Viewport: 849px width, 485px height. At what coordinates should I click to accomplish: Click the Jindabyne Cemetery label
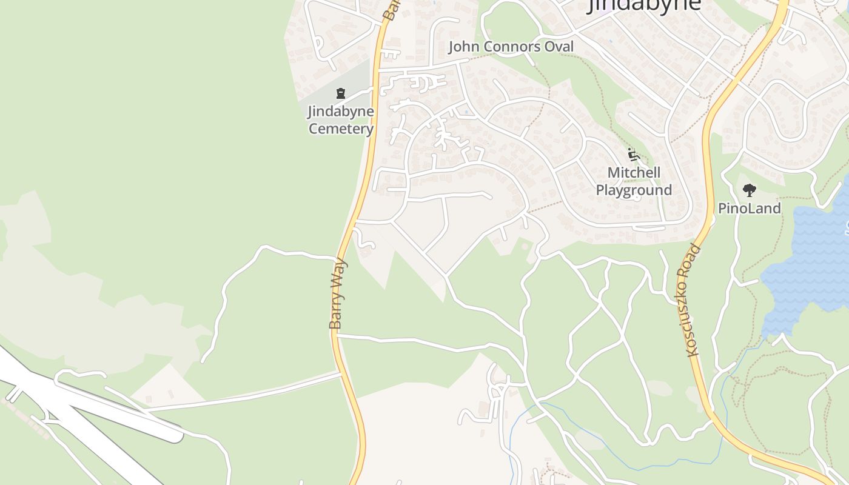point(340,120)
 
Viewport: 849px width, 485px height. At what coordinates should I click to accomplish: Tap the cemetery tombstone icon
point(341,94)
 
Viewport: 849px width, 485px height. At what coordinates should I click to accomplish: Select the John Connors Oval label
point(511,47)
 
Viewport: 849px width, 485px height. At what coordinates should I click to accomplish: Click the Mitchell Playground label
point(634,181)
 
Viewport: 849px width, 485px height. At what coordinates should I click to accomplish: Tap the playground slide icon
point(634,155)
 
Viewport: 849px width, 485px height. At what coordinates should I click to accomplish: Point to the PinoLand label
point(750,209)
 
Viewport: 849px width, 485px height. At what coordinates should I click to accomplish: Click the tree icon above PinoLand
point(750,190)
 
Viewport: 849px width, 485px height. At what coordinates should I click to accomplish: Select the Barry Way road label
point(338,294)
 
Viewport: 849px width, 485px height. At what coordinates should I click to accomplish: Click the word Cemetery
point(340,129)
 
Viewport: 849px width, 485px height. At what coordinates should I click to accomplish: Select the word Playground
point(634,190)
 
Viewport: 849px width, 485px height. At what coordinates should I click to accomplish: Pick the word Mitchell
point(634,173)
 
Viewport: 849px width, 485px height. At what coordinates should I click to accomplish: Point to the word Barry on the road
point(336,310)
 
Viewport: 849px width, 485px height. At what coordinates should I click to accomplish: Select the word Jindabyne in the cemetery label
point(340,112)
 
